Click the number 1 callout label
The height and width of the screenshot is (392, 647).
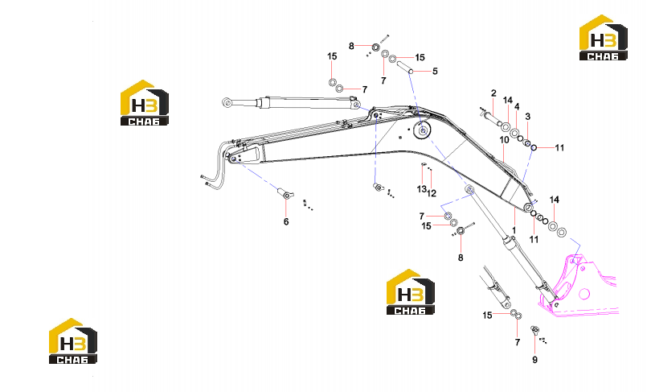[514, 230]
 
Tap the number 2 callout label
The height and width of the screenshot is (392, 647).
[493, 93]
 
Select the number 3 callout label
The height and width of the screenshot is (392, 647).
[527, 117]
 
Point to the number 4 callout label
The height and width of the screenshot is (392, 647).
[517, 107]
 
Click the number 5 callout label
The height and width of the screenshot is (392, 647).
[435, 72]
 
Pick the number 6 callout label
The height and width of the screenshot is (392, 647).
[286, 222]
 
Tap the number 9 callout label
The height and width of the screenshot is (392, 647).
[534, 360]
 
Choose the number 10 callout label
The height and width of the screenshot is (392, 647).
[504, 140]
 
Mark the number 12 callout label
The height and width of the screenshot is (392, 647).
[432, 193]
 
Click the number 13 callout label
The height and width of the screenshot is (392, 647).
[421, 189]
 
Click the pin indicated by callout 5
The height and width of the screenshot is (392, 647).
[405, 67]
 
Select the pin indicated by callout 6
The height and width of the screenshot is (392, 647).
[285, 193]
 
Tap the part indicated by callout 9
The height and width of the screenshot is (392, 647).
[535, 330]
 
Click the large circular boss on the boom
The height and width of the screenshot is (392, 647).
[422, 130]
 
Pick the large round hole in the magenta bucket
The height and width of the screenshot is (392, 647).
[584, 294]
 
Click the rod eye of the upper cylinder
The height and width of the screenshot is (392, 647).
[227, 102]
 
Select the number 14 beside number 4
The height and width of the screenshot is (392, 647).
[507, 101]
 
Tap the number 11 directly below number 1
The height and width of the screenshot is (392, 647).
[534, 240]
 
